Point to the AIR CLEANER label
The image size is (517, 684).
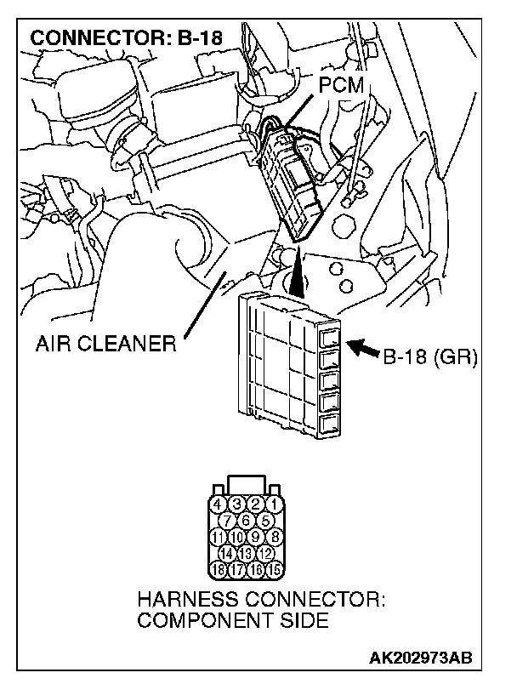pyautogui.click(x=105, y=345)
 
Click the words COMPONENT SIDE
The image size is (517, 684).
pyautogui.click(x=232, y=621)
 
